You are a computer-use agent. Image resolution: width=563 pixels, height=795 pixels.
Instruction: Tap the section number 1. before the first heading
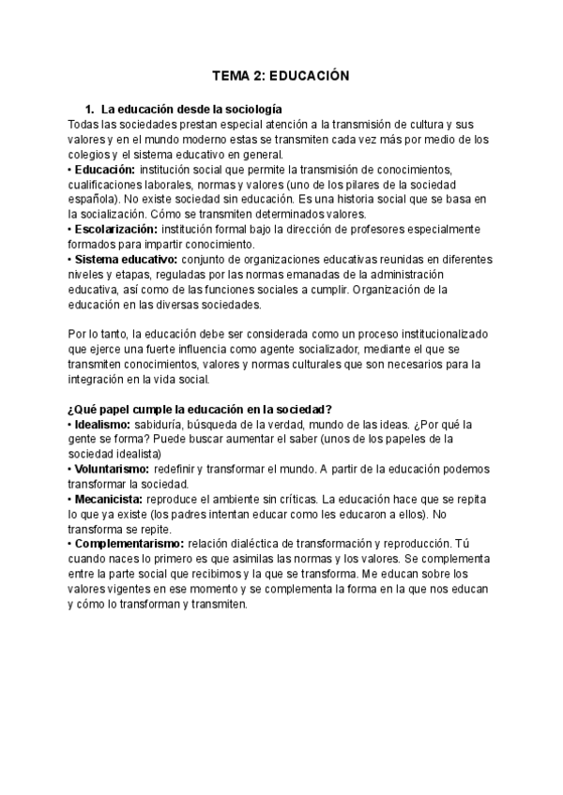(x=90, y=109)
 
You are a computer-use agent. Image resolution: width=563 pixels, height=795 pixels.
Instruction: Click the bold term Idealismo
(x=102, y=423)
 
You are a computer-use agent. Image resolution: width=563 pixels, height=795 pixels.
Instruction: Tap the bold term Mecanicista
(x=110, y=498)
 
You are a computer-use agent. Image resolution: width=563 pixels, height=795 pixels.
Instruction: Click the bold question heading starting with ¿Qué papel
(x=201, y=408)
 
